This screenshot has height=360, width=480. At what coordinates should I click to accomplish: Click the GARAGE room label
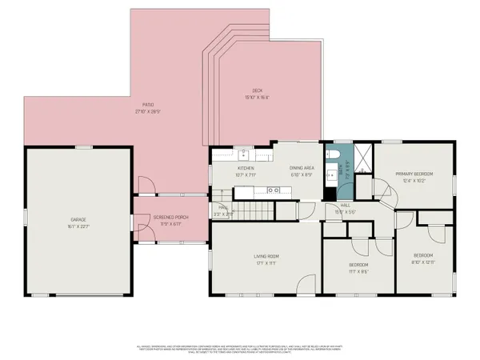pos(78,218)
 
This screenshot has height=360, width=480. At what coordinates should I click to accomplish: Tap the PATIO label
pos(148,104)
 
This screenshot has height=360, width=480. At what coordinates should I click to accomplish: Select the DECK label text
pos(257,90)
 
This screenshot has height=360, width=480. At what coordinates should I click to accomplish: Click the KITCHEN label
pos(245,168)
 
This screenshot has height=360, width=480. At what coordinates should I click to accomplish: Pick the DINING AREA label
pos(302,168)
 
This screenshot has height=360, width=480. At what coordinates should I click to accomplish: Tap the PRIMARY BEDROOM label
pos(414,174)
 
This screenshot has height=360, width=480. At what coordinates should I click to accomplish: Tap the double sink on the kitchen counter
pos(274,190)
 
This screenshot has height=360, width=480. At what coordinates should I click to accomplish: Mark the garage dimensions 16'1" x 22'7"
pos(78,226)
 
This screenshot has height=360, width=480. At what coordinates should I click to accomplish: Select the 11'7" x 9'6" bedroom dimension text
pos(358,271)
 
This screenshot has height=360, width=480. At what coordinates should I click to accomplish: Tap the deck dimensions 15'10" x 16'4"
pos(257,98)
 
